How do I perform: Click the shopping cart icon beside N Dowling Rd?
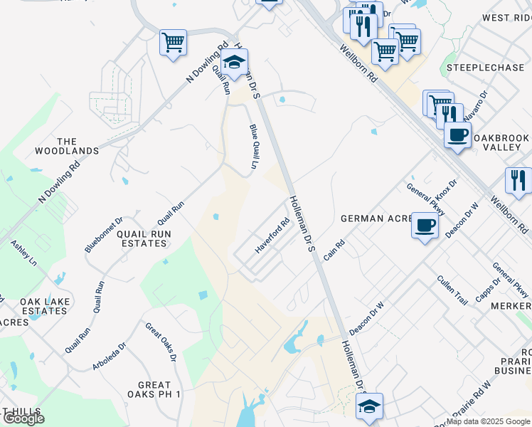(x=173, y=43)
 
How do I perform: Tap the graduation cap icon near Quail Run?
(x=234, y=61)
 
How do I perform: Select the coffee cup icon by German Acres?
(x=425, y=225)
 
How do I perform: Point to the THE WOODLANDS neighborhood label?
(x=67, y=146)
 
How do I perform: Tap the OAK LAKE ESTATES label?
(x=46, y=306)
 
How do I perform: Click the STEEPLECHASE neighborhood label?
(x=476, y=68)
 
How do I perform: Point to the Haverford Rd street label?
(x=273, y=236)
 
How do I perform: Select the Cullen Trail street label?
(x=452, y=290)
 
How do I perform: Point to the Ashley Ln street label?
(x=23, y=253)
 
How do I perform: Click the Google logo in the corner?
(x=23, y=418)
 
